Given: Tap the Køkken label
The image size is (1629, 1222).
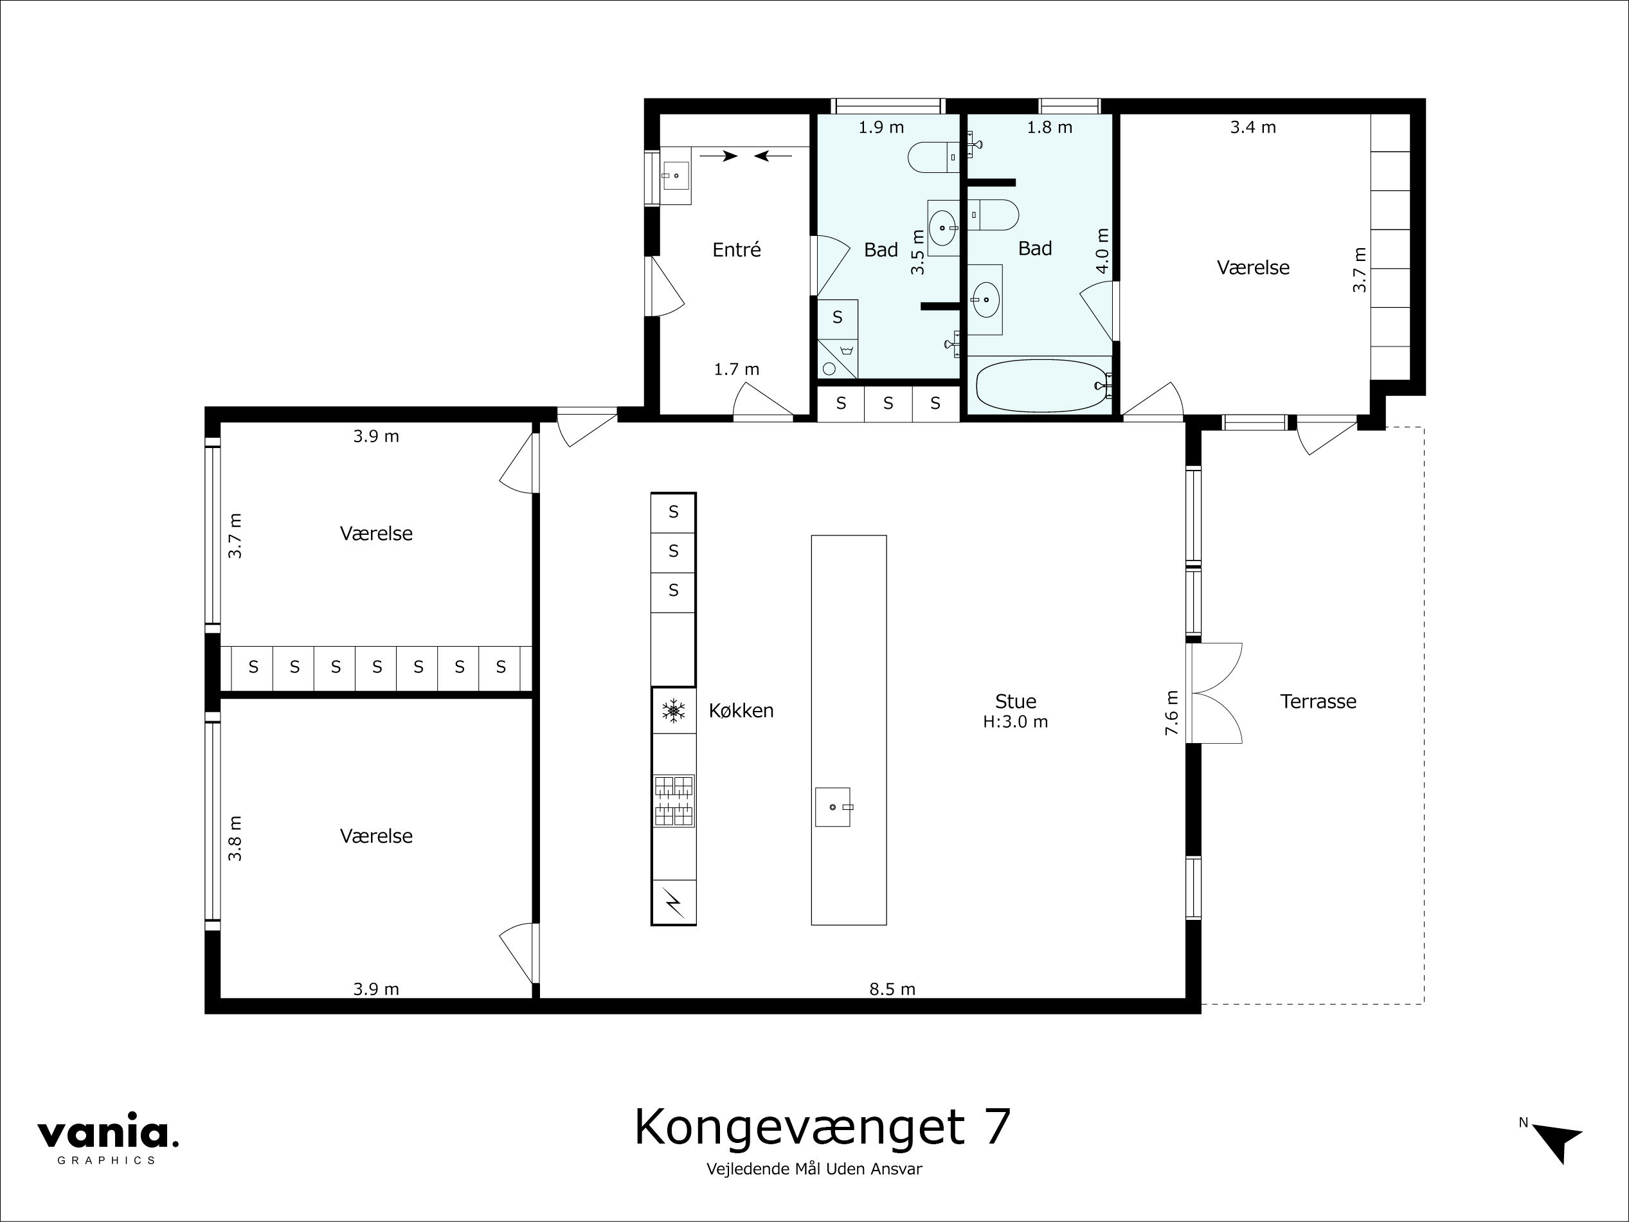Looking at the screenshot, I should (741, 711).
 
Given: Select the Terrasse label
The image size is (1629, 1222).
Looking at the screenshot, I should (1317, 701).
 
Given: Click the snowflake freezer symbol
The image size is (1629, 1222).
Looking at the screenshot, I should (673, 711).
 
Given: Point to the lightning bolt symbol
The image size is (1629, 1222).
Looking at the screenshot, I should (673, 902).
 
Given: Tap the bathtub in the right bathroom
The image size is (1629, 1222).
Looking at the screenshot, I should (1040, 385).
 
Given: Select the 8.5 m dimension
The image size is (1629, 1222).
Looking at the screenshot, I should (892, 989).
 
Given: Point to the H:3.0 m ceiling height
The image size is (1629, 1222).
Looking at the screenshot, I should (1015, 722).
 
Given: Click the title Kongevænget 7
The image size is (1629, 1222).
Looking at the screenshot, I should (822, 1127).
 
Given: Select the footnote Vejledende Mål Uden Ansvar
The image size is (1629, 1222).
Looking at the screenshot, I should (814, 1169).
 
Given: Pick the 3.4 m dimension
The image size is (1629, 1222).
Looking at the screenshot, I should (1253, 127).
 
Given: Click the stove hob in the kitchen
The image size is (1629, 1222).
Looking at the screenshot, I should (673, 801).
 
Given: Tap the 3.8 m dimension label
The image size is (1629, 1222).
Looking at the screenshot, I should (235, 838).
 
